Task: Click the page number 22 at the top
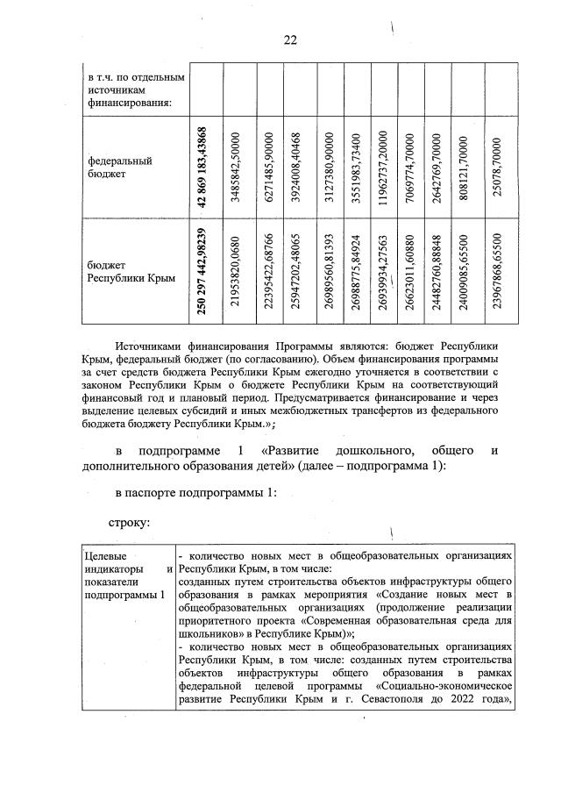(290, 39)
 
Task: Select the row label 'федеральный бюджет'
(109, 168)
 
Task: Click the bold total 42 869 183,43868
(202, 166)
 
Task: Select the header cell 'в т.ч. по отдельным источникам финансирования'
(131, 91)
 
